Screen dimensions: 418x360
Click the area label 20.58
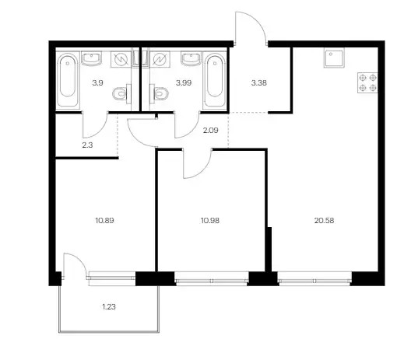tap(324, 221)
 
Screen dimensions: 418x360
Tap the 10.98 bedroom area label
tap(210, 221)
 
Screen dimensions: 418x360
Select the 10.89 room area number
tap(104, 221)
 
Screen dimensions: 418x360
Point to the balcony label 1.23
tap(109, 307)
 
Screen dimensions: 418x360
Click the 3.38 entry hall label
tap(259, 83)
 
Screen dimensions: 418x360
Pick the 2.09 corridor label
tap(211, 130)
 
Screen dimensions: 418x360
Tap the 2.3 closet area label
tap(87, 145)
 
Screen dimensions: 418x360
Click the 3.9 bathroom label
tap(97, 83)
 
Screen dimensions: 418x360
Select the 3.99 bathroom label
tap(184, 83)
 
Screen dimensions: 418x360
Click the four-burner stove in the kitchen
tap(367, 83)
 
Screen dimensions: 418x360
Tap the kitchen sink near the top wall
tap(334, 58)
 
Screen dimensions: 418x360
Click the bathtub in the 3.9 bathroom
tap(68, 81)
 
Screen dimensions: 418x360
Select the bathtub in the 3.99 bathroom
tap(215, 81)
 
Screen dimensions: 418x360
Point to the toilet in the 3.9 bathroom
tap(122, 94)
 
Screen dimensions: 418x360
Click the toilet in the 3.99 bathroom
tap(159, 94)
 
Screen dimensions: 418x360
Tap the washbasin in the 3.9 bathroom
tap(91, 58)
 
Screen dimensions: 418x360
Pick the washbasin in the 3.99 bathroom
tap(191, 58)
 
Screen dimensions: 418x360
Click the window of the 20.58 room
tap(314, 279)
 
